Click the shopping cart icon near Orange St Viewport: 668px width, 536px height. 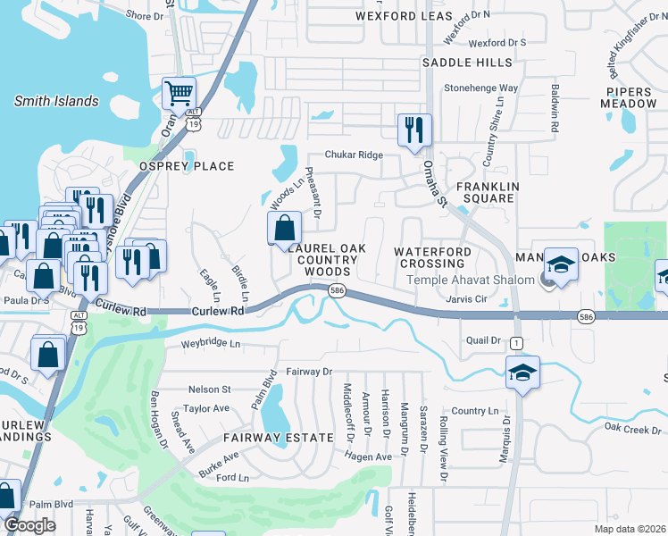[x=179, y=92]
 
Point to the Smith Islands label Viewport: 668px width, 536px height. [x=56, y=101]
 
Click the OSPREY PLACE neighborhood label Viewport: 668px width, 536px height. [x=186, y=166]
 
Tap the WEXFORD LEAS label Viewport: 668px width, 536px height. [x=404, y=17]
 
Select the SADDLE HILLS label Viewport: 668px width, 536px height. [x=467, y=63]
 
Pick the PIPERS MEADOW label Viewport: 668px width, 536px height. [x=630, y=97]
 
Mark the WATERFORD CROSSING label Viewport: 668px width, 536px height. [x=432, y=258]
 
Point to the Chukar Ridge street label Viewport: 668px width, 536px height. [x=354, y=155]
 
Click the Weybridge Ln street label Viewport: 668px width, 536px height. [x=211, y=343]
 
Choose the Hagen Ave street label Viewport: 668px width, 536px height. [x=369, y=456]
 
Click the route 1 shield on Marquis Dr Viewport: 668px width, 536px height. [x=517, y=343]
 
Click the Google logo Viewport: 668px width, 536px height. [x=30, y=525]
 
